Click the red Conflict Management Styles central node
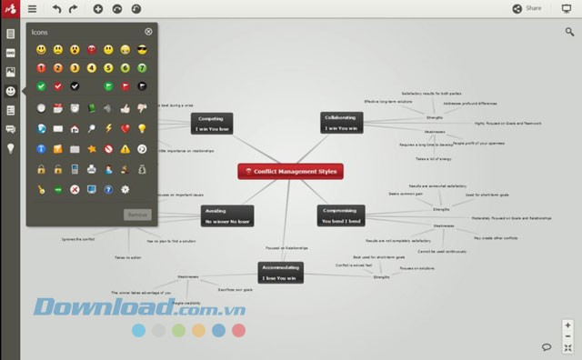(291, 170)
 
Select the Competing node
(212, 123)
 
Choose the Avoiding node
(226, 215)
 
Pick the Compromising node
(341, 215)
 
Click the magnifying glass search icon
(568, 32)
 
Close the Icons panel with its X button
(148, 31)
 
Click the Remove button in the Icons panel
(137, 214)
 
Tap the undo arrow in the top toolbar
(56, 8)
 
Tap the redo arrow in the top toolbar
(74, 8)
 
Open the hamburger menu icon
(33, 8)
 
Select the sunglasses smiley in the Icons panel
(142, 49)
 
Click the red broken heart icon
(125, 128)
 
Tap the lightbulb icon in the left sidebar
(11, 148)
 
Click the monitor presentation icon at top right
(567, 8)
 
